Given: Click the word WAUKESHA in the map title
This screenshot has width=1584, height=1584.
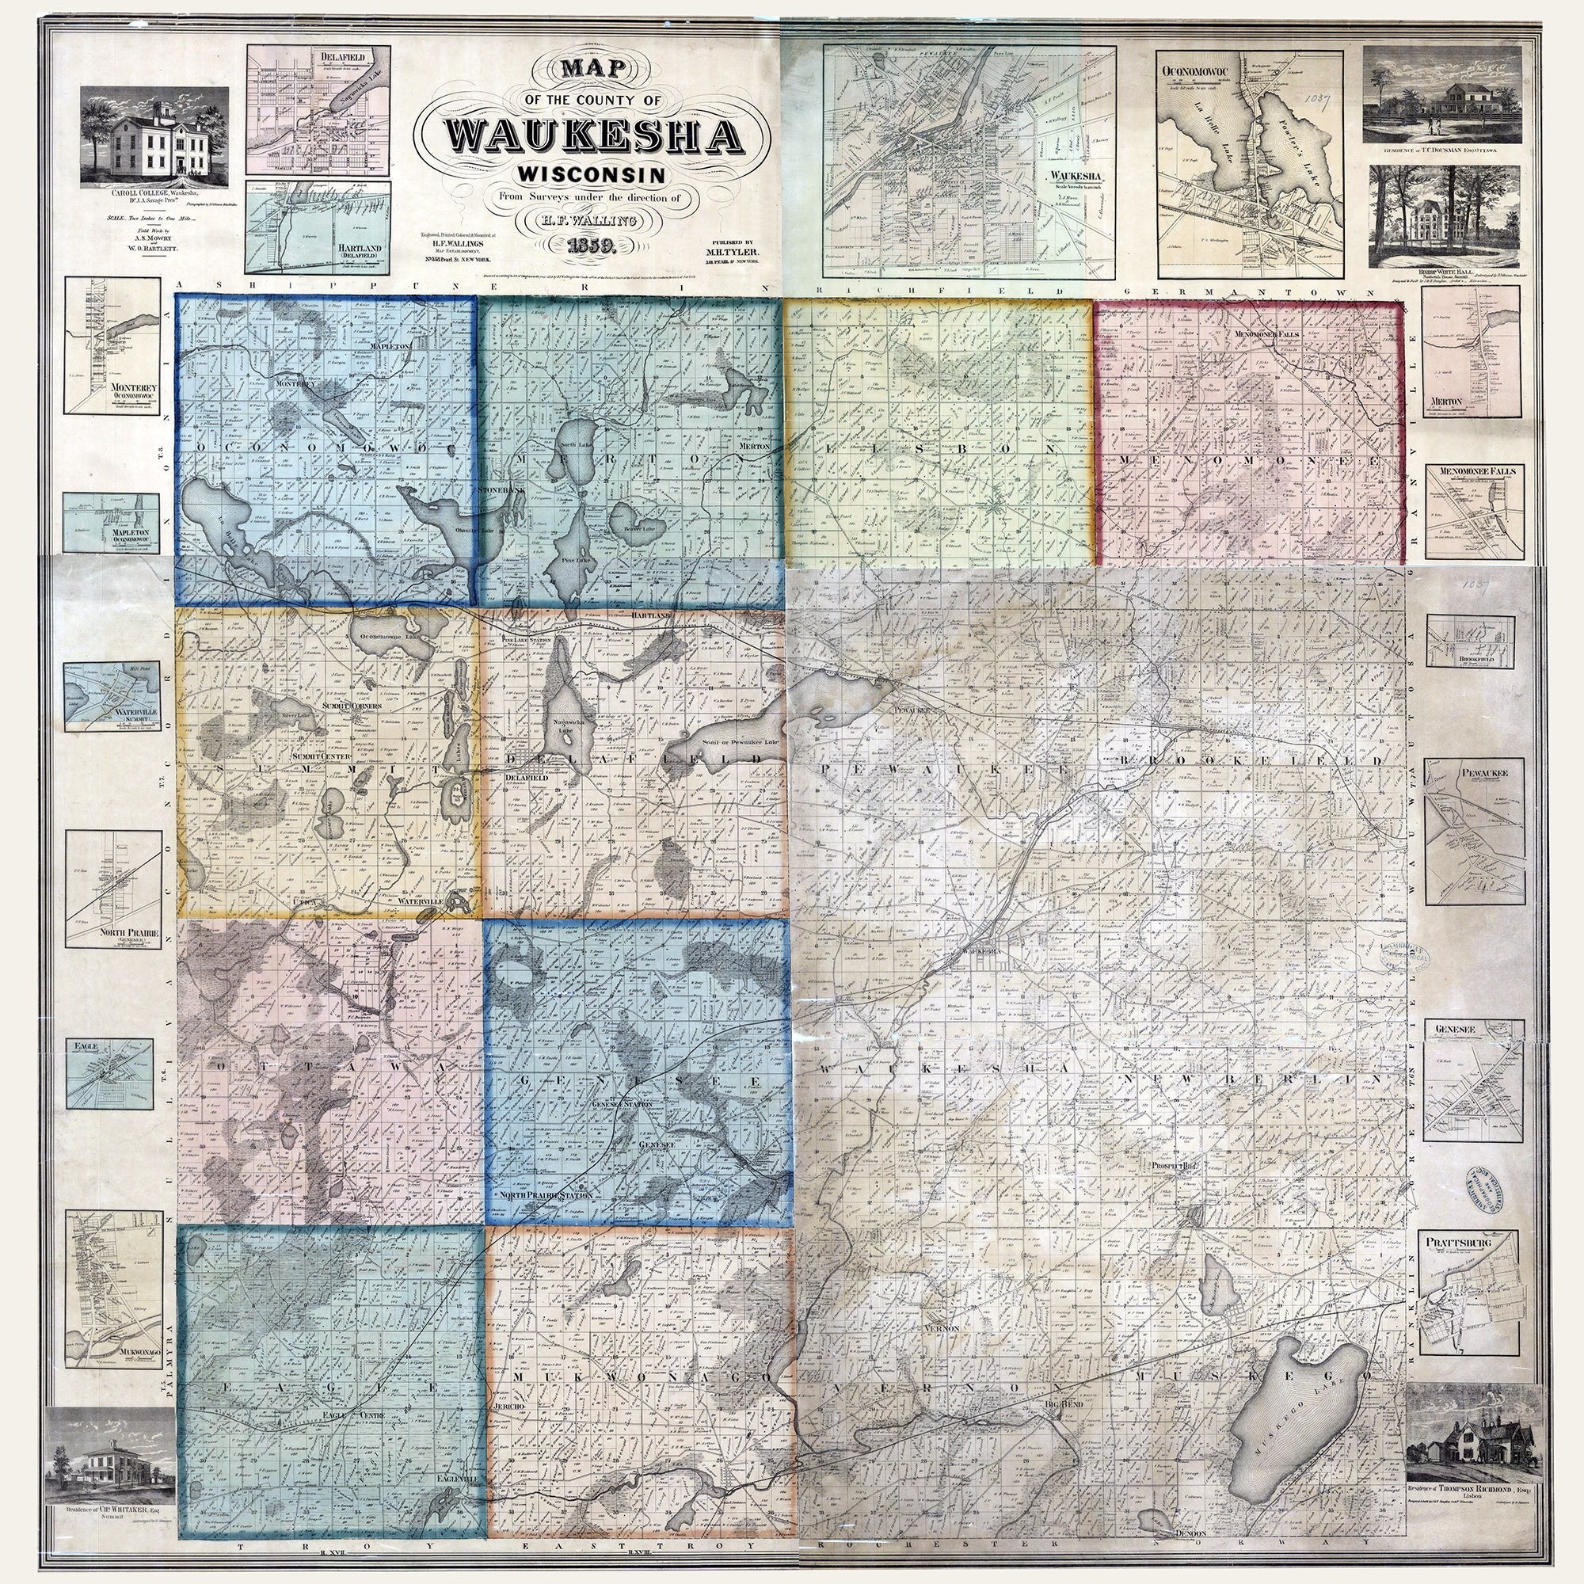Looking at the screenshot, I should click(592, 135).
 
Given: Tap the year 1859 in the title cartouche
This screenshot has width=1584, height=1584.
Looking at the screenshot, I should click(592, 244).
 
